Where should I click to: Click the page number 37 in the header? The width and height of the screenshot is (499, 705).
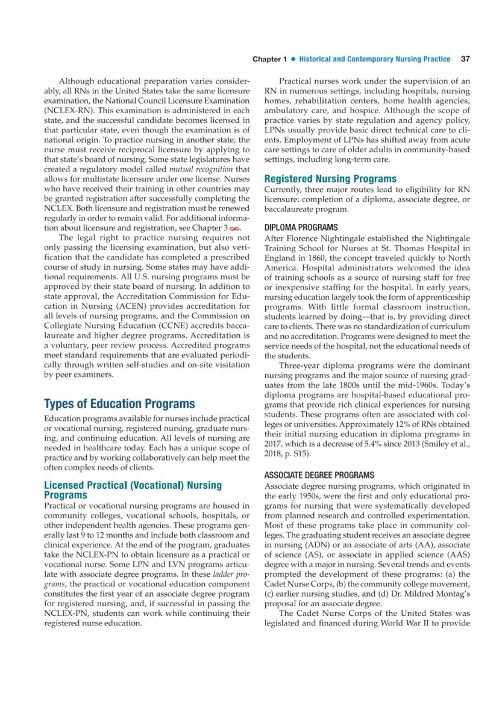pos(465,59)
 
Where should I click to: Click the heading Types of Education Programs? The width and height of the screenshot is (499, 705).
pos(120,403)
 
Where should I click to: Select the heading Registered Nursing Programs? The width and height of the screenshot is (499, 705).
pos(331,179)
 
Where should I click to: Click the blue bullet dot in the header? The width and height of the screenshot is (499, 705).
pos(293,59)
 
